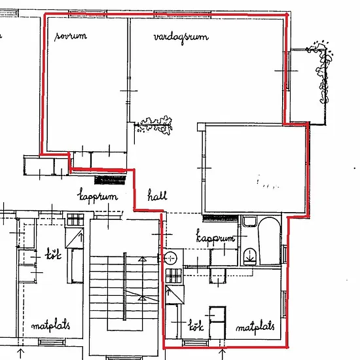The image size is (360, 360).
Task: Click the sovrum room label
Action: tap(71, 36)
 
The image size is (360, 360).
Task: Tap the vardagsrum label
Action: tap(181, 37)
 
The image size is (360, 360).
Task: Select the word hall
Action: tap(157, 196)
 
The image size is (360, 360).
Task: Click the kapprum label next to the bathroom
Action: tap(215, 236)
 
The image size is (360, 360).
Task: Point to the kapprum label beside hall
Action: tap(98, 196)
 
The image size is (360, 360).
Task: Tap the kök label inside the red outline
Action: tap(196, 325)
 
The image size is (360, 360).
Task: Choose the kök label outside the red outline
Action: tap(53, 253)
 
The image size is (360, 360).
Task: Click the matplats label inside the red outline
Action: tap(255, 327)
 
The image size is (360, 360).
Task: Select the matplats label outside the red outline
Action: tap(51, 325)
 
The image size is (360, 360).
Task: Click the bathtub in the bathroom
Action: tap(269, 241)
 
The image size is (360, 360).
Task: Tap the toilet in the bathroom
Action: tap(250, 256)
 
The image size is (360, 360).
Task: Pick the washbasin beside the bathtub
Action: tap(249, 221)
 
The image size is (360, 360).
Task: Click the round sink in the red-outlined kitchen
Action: tap(170, 259)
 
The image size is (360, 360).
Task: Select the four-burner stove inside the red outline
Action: tap(174, 276)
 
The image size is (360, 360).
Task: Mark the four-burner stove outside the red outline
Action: tap(75, 219)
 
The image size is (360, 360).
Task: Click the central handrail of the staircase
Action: tap(124, 286)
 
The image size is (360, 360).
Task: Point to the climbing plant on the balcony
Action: tap(321, 71)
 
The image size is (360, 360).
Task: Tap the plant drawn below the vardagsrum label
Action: tap(154, 125)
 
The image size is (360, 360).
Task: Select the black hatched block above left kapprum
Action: tap(111, 180)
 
